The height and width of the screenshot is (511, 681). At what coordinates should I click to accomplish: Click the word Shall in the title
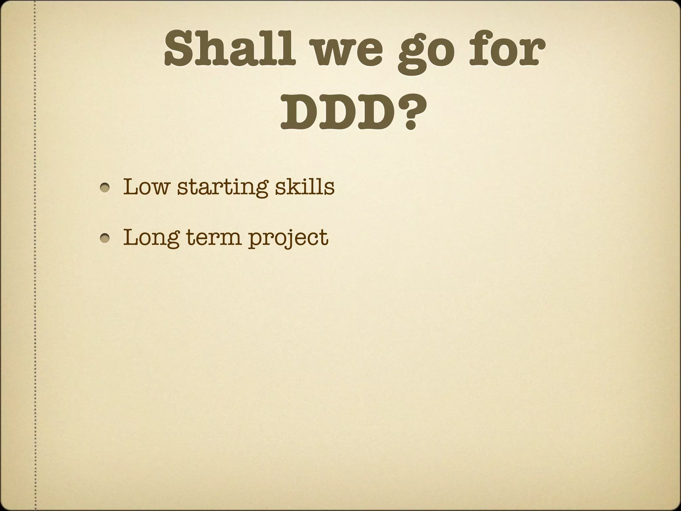(x=229, y=50)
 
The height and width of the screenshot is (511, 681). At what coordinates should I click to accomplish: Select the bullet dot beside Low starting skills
(x=106, y=188)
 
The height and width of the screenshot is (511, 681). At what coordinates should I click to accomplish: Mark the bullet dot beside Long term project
(x=106, y=239)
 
